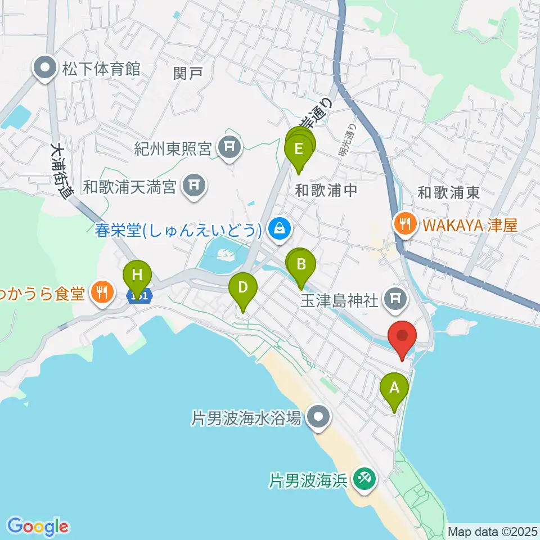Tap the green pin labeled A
[394, 388]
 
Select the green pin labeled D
[243, 289]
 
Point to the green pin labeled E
[298, 150]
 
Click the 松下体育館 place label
[101, 69]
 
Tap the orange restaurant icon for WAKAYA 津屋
[404, 225]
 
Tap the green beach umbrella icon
[362, 479]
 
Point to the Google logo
[38, 526]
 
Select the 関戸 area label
[188, 73]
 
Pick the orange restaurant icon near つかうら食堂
[101, 292]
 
